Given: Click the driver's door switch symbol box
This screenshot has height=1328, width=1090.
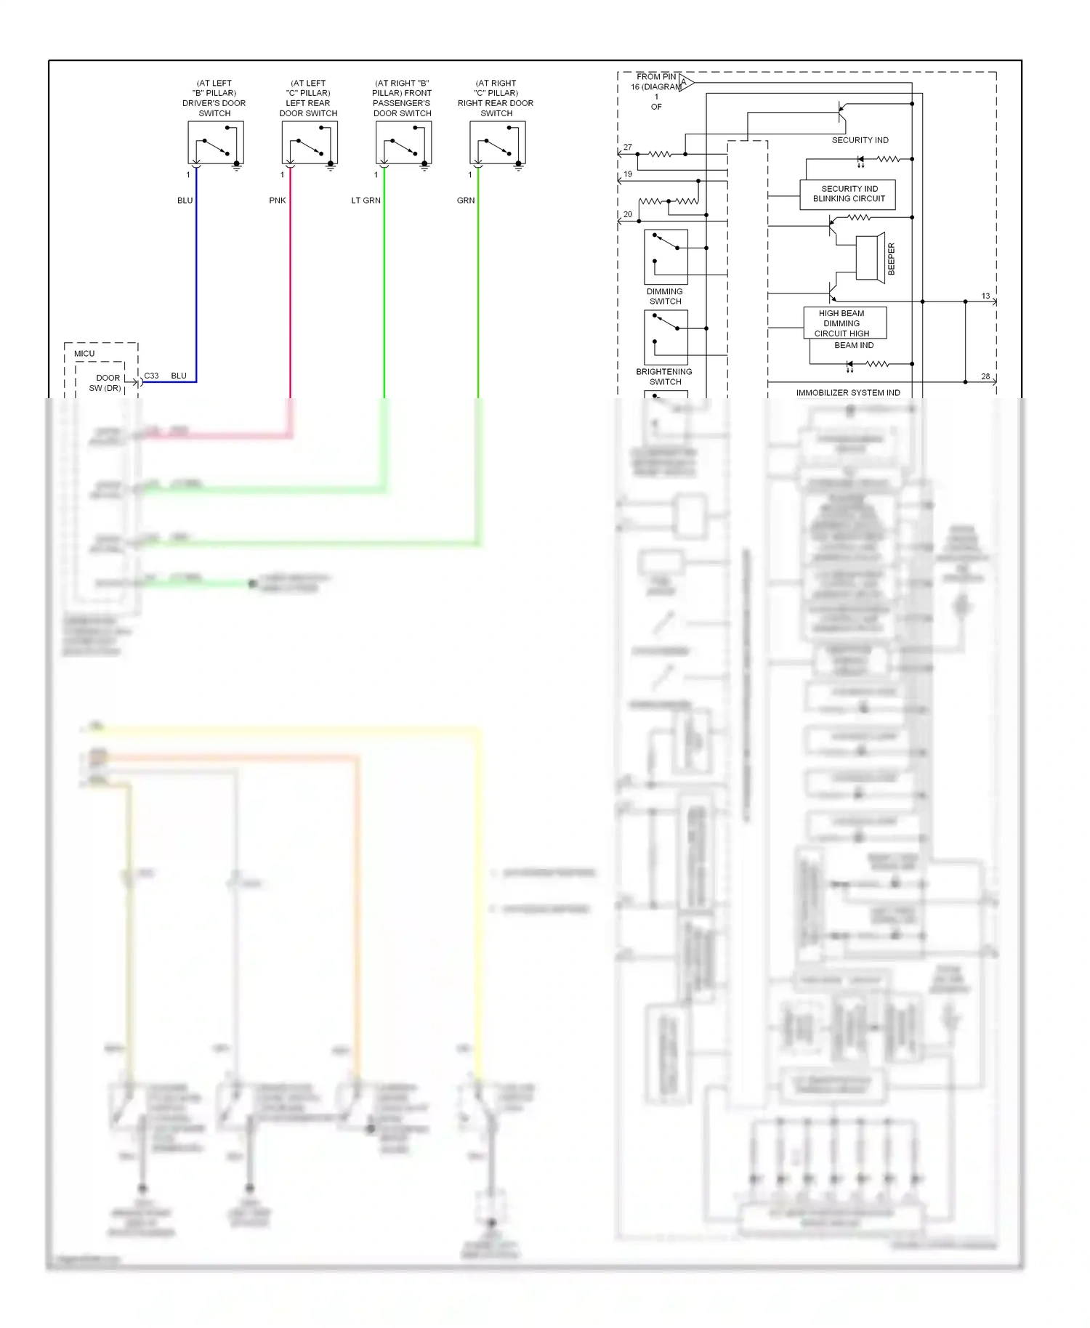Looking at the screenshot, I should pos(216,142).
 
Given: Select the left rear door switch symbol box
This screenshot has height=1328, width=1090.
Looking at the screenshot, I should pos(310,142).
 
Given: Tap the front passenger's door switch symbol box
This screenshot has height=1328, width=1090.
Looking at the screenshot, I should pos(403,142).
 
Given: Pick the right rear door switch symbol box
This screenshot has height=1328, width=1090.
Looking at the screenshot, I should pos(498,142).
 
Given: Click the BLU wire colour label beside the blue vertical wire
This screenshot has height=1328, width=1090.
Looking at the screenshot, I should pos(185,201).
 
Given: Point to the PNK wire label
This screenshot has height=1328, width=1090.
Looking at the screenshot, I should pos(277,201).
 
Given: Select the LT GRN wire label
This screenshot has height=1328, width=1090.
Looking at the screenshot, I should pos(366,201).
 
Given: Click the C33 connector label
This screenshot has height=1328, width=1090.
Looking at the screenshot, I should pos(151,376).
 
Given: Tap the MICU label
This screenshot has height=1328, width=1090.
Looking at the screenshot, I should pos(84,354).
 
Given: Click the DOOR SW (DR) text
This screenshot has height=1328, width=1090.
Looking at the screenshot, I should pos(107,383).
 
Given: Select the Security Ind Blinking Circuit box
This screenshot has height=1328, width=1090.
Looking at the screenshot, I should pos(847,194).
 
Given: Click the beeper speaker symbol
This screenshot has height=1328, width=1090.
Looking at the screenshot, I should pos(870,257).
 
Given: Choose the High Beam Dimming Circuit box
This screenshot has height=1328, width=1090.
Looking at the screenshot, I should pos(844,323).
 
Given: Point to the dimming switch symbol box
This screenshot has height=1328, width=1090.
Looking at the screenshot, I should pos(666,257).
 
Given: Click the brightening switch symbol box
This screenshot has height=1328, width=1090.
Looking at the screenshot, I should pos(666,337).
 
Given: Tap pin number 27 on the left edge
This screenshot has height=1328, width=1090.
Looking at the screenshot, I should pos(628,147).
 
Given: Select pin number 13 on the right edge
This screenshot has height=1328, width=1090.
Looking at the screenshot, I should pos(985,296).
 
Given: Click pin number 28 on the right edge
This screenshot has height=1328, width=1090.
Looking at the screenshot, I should pos(985,376).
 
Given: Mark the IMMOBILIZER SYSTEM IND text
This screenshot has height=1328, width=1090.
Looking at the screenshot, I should pos(847,393).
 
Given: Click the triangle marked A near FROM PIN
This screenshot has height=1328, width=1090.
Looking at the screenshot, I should pos(685,83).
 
